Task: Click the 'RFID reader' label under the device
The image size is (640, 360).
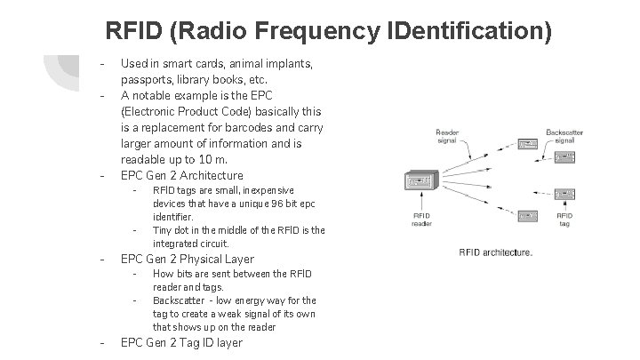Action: [x=421, y=220]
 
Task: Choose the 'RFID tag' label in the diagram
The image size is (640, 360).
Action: [x=565, y=220]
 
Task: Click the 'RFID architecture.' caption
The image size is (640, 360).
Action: [x=495, y=252]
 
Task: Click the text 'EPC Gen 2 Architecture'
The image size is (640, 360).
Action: [x=181, y=175]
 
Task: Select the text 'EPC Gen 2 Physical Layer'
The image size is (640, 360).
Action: [x=187, y=259]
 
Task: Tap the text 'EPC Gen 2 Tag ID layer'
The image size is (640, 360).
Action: [x=181, y=342]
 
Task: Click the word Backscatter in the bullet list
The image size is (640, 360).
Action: [x=180, y=300]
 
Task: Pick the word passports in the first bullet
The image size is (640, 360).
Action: [x=146, y=79]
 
